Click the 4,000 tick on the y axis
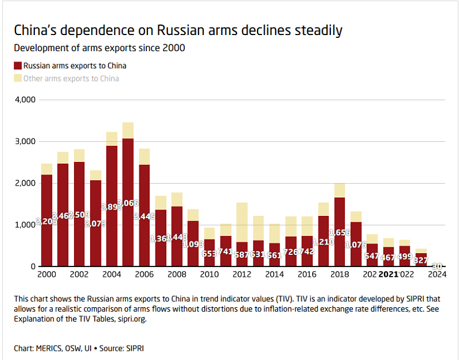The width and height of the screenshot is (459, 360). [x=25, y=100]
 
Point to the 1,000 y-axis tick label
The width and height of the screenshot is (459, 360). [x=25, y=225]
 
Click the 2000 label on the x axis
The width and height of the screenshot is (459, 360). [x=47, y=274]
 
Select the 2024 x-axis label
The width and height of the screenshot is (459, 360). [x=437, y=274]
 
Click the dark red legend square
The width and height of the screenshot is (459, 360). [x=18, y=65]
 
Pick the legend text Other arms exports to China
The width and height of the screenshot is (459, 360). [x=71, y=78]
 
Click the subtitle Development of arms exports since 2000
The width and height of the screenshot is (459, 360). [x=99, y=48]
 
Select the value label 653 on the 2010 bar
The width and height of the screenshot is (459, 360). [x=209, y=253]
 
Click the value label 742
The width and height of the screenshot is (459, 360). [x=307, y=251]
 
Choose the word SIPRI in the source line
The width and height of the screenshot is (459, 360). [x=133, y=348]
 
